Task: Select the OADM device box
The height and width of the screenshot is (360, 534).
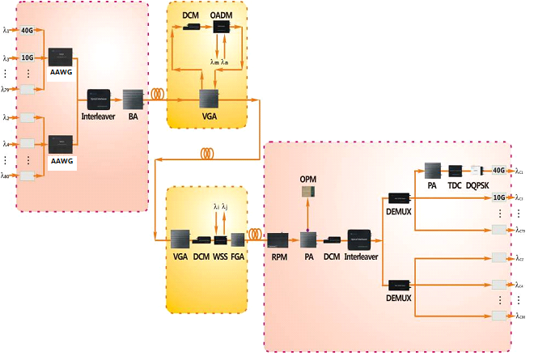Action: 218,27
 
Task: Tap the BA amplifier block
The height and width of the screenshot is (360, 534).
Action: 132,99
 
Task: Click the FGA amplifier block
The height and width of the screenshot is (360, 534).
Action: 237,239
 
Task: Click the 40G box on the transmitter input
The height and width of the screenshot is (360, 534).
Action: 28,30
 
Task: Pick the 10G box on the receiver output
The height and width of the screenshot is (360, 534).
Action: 499,197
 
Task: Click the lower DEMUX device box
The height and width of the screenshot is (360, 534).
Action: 400,284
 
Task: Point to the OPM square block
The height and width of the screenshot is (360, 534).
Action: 308,192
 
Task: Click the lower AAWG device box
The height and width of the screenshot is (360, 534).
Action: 62,145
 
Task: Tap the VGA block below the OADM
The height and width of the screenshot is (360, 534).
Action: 213,99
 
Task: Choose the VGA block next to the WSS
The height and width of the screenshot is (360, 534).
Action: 180,239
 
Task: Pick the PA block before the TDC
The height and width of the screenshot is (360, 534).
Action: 432,171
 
